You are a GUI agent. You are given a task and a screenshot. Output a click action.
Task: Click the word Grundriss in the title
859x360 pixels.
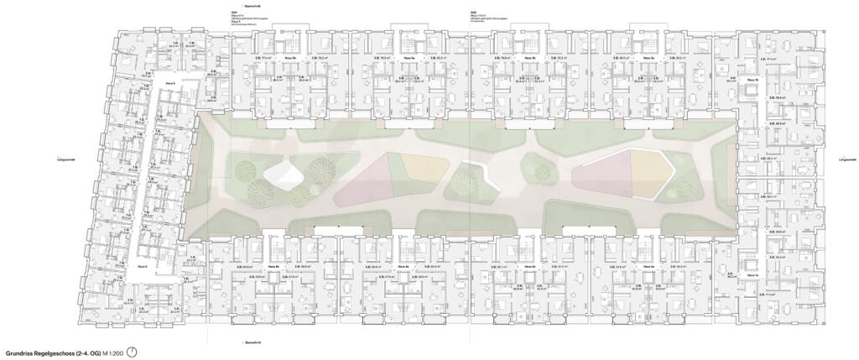point(20,353)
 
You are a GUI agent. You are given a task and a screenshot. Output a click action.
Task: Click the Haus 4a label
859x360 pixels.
point(403,268)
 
